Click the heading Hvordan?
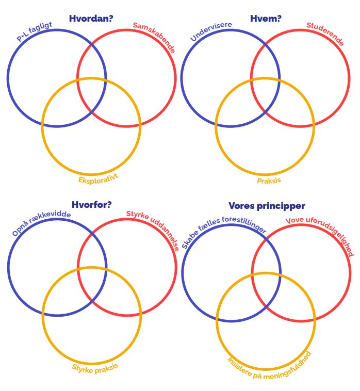click(91, 19)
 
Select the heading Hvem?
click(266, 19)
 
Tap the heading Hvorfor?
click(91, 205)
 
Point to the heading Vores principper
click(267, 205)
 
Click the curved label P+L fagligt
click(34, 31)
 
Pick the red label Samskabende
click(154, 37)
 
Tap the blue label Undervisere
click(211, 31)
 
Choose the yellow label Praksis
click(269, 181)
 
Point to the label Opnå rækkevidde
click(41, 223)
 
